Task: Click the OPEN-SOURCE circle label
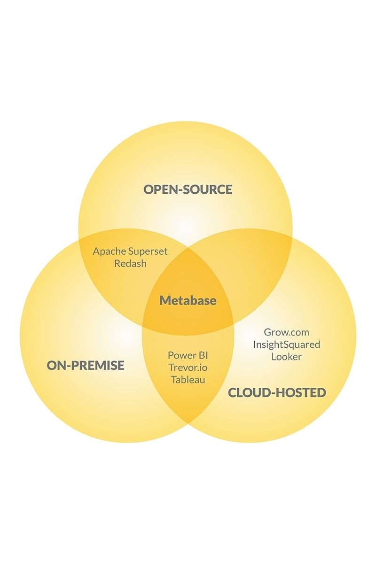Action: [188, 189]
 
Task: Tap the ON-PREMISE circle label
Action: [86, 365]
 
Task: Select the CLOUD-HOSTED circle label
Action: [277, 392]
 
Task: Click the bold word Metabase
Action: [188, 300]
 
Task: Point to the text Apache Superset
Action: [130, 251]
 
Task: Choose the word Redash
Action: [130, 264]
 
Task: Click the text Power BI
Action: [188, 355]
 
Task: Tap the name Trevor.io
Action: [188, 368]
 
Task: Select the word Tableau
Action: [188, 380]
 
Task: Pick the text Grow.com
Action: [286, 332]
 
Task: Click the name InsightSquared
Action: [286, 345]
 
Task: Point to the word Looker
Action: [286, 357]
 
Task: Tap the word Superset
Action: [148, 251]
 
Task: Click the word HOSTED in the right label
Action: [300, 392]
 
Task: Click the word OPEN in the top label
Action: [160, 189]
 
